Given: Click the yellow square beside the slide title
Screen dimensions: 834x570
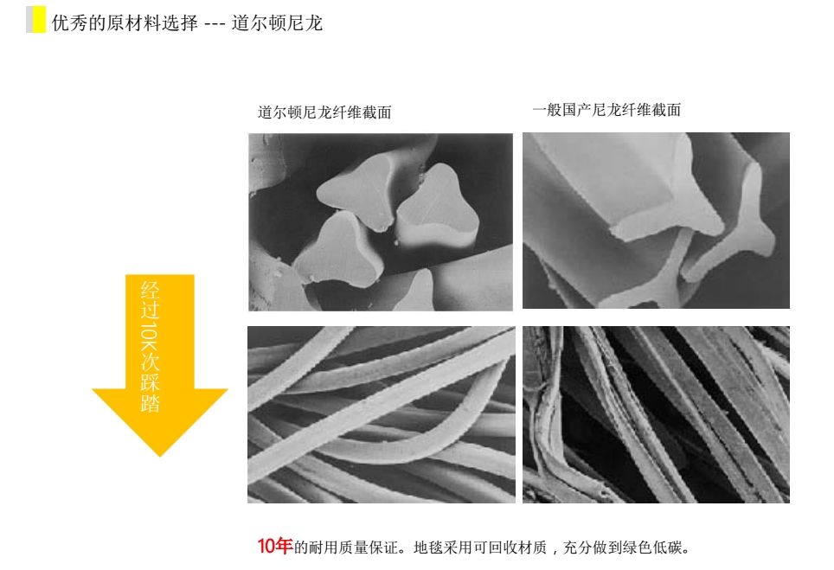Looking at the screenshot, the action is click(39, 20).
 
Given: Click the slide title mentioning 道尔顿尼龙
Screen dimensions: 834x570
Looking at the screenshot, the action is click(187, 23).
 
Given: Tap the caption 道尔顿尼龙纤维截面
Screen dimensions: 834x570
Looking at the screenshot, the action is click(324, 112).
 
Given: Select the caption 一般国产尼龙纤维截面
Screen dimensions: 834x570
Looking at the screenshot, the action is click(606, 110).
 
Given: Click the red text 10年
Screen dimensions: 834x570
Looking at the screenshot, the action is click(275, 546).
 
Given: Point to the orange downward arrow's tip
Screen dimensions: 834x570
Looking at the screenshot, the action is click(159, 456).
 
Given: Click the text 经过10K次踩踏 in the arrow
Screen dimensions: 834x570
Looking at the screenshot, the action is click(150, 347).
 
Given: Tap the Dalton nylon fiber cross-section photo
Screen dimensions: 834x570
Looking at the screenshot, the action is click(381, 222).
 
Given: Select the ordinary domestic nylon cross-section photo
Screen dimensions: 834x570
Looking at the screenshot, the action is click(656, 221).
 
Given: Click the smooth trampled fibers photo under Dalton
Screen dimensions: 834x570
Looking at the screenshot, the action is click(382, 414).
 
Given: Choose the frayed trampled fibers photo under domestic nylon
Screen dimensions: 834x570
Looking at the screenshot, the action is click(656, 414).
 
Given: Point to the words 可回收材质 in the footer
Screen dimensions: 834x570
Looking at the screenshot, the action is click(510, 548).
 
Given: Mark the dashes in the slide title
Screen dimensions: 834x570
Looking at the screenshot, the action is click(215, 24).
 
